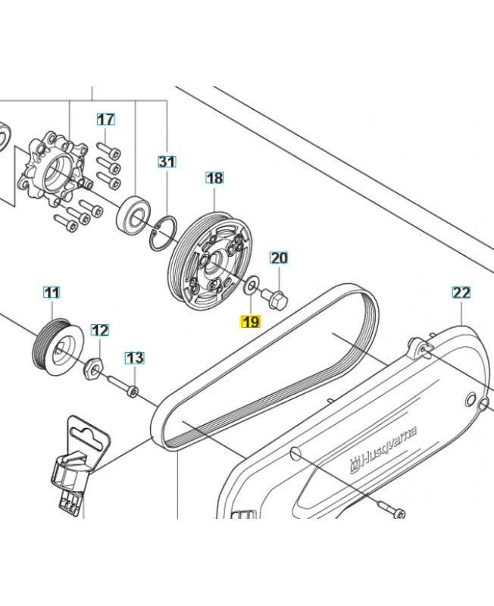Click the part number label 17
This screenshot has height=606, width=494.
pyautogui.click(x=106, y=119)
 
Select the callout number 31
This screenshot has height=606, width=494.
pyautogui.click(x=167, y=161)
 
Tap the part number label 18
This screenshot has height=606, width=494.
pyautogui.click(x=214, y=178)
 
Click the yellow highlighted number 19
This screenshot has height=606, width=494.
pyautogui.click(x=250, y=322)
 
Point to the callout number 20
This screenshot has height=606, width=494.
pyautogui.click(x=279, y=258)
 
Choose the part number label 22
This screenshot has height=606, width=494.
pyautogui.click(x=461, y=292)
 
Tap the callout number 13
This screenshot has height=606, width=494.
pyautogui.click(x=134, y=357)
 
